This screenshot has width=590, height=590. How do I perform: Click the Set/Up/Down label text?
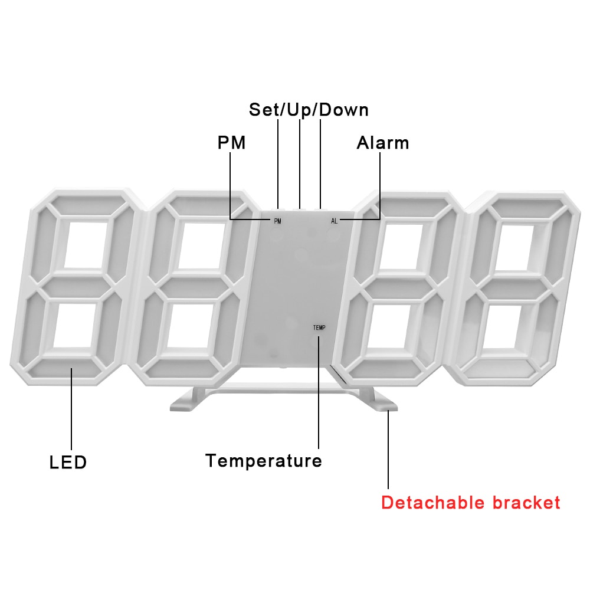pyautogui.click(x=308, y=110)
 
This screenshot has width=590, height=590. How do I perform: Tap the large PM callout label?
pyautogui.click(x=231, y=143)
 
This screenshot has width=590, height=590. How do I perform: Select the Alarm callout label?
pyautogui.click(x=382, y=143)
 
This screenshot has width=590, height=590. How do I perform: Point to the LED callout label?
pyautogui.click(x=68, y=462)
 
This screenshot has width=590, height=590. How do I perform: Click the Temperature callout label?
pyautogui.click(x=264, y=460)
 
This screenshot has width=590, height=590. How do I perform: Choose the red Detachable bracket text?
pyautogui.click(x=470, y=503)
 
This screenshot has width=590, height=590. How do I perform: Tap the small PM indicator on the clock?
pyautogui.click(x=277, y=221)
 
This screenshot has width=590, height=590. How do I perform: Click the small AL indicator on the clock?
pyautogui.click(x=335, y=221)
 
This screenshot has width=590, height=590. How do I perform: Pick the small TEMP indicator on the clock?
pyautogui.click(x=319, y=327)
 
